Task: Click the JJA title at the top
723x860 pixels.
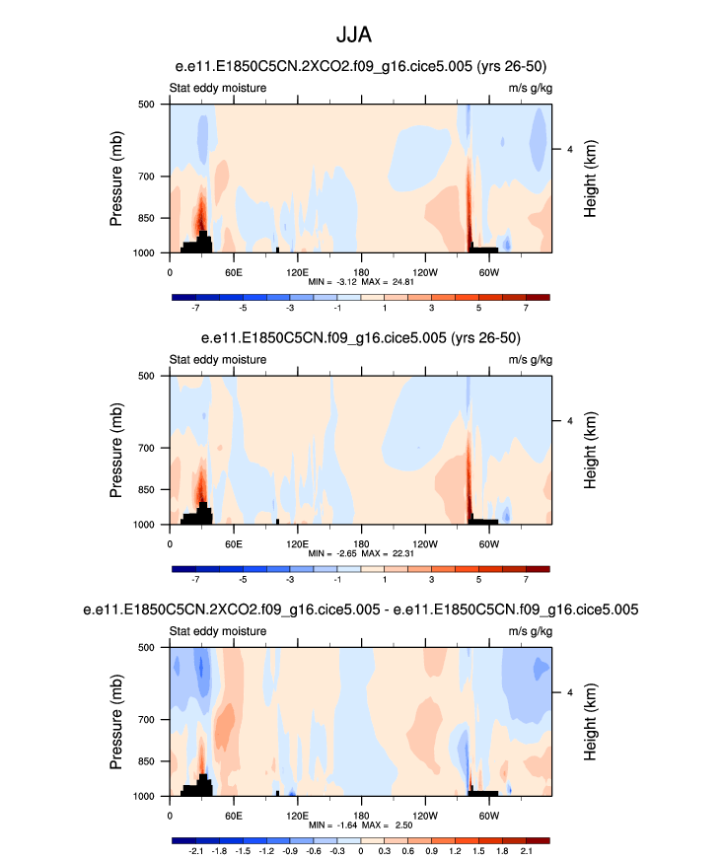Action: click(x=361, y=36)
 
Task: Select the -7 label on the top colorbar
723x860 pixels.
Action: click(x=195, y=308)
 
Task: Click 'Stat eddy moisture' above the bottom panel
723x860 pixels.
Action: click(x=217, y=632)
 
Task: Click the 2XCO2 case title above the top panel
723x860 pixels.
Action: click(x=361, y=66)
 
